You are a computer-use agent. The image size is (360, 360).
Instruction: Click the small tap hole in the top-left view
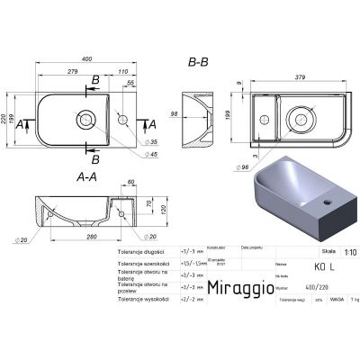124,116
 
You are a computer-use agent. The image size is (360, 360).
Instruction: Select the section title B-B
199,63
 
